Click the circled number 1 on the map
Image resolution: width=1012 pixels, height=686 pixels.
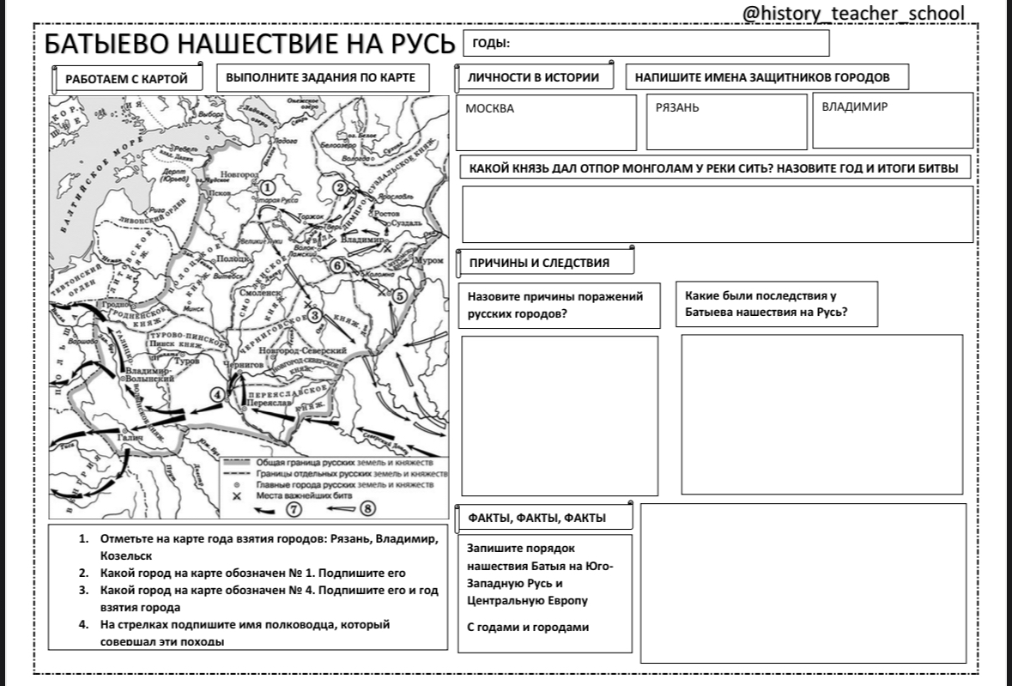click(268, 186)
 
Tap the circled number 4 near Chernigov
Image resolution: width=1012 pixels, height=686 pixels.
click(219, 394)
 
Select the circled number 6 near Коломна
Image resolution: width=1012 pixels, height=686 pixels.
click(337, 266)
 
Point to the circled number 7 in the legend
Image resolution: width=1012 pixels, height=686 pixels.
click(294, 509)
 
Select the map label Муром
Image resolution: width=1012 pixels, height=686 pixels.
click(428, 259)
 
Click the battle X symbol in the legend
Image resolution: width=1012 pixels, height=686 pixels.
click(237, 495)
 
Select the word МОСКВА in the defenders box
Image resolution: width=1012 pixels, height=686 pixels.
click(489, 109)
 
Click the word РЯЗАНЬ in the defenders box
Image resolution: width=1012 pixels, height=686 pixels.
click(677, 108)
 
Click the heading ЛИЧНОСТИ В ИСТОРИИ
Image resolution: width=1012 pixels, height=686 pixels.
click(533, 77)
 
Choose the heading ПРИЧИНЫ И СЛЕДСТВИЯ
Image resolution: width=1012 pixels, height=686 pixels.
click(538, 263)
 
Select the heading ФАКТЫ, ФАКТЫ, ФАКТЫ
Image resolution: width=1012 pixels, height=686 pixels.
click(536, 518)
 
